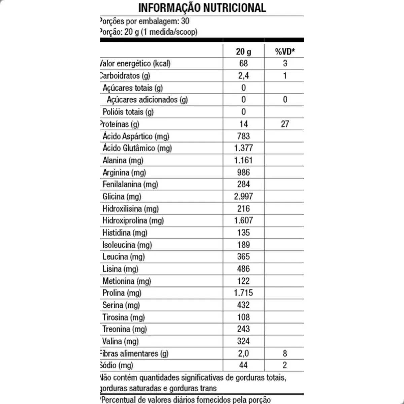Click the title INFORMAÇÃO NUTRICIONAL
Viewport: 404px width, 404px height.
(202, 7)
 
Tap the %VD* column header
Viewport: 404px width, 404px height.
(285, 52)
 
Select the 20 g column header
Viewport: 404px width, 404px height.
(243, 52)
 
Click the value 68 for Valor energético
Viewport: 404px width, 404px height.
(243, 63)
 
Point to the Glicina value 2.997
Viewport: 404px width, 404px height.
(243, 196)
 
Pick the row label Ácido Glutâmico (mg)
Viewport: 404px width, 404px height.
(137, 148)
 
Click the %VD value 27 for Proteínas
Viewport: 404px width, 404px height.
(285, 124)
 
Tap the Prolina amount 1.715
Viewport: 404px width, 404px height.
(243, 293)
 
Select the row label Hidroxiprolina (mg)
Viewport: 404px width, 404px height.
(133, 221)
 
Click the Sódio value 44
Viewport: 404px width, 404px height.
(243, 365)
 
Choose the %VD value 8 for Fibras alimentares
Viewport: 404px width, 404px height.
(285, 353)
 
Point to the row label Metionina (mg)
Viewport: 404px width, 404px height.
(127, 281)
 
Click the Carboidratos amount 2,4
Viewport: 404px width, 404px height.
(243, 75)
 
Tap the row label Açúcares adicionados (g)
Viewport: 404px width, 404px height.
(147, 100)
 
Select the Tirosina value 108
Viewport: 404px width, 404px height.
(243, 317)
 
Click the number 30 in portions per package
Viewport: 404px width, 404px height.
(185, 21)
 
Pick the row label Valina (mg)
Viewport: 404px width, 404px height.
(121, 341)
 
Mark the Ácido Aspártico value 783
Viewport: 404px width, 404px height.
(243, 136)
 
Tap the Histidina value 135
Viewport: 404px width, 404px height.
(243, 233)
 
